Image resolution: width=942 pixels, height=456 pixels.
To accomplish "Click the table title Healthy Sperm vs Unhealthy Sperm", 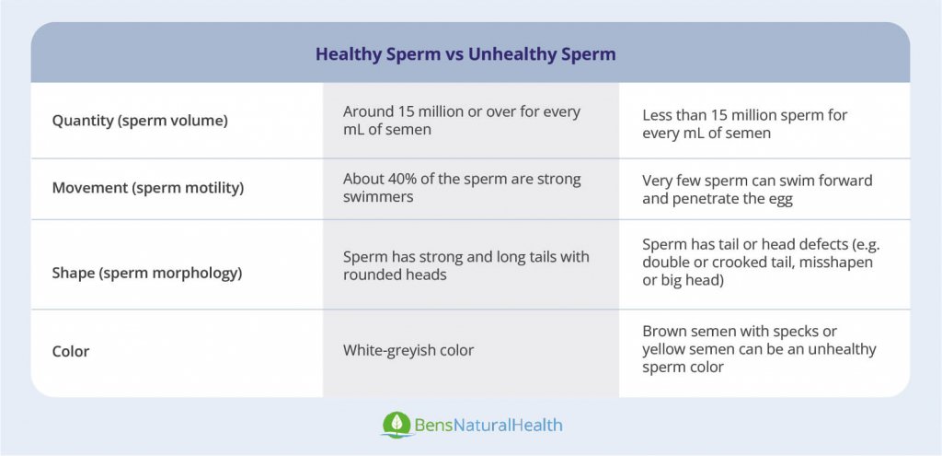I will coord(465,53).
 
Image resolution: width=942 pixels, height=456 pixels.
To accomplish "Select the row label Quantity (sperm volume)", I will coord(140,121).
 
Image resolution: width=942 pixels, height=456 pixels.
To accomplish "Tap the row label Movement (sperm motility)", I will coord(147,189).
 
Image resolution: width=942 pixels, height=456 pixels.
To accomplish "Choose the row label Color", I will coord(71,351).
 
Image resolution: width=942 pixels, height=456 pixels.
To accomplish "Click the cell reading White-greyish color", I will coord(408,350).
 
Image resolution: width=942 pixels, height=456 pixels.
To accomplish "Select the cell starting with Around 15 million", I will coord(461,121).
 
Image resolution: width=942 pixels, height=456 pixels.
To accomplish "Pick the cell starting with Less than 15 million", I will coord(744,124).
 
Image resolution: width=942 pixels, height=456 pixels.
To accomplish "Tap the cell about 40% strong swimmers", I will coord(461,188).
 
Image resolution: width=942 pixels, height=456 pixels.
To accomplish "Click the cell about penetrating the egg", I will coord(756,189).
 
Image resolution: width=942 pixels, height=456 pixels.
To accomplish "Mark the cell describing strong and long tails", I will coord(465,265).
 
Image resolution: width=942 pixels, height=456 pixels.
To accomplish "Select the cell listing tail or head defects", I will coord(757,263).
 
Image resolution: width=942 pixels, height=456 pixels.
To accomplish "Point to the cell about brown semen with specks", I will coord(759,349).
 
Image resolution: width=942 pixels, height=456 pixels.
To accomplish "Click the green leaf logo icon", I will coord(396,425).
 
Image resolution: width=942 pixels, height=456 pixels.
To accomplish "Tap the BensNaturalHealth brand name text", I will coord(488,426).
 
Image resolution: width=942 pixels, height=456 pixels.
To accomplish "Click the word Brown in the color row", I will coord(663,332).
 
